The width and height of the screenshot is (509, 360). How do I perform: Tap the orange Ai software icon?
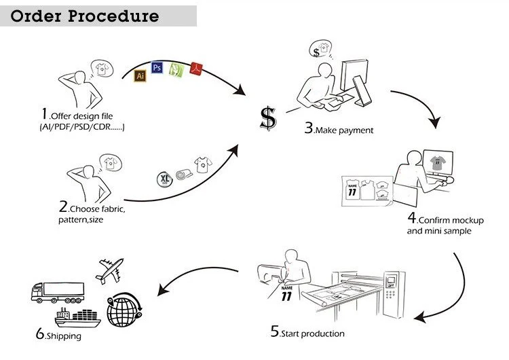point(141,75)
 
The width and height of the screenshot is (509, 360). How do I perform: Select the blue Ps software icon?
point(157,67)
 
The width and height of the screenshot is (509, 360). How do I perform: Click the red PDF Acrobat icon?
point(197,67)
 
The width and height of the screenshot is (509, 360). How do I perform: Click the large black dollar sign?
point(269,118)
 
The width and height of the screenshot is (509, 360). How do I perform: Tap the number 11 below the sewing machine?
point(286,296)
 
